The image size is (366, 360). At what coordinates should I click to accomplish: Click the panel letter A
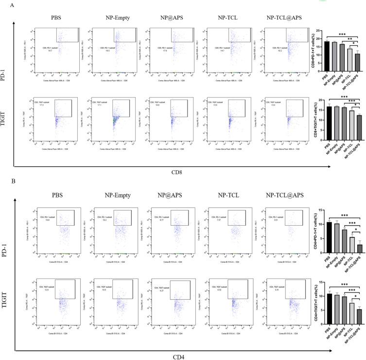coord(4,4)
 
